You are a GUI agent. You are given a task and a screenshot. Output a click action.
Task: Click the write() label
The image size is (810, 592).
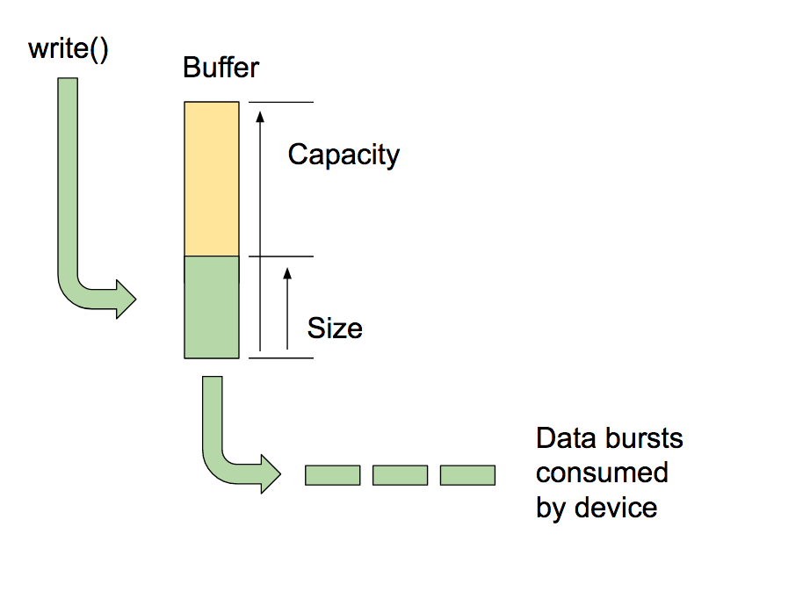(x=69, y=49)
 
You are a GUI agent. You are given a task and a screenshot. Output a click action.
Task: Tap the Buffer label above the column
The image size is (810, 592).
(x=221, y=68)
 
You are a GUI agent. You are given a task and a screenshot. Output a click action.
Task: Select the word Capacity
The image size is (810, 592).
(x=344, y=155)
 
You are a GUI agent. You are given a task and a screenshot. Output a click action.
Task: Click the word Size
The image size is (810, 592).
(x=335, y=328)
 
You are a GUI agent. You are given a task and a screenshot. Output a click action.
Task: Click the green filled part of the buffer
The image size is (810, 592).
(x=211, y=307)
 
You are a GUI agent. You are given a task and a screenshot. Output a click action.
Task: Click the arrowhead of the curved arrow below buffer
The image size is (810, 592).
(x=270, y=475)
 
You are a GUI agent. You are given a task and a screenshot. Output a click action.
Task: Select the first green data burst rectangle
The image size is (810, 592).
(x=332, y=475)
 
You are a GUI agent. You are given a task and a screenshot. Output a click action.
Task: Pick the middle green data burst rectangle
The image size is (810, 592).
(x=400, y=475)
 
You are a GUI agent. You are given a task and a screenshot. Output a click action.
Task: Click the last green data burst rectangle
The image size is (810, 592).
(x=467, y=475)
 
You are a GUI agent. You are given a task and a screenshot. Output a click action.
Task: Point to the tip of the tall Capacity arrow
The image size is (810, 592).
(x=260, y=110)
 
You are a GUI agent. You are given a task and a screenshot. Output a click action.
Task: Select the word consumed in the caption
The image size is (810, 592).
(x=602, y=473)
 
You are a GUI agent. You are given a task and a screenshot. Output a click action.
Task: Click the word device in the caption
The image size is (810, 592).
(x=616, y=507)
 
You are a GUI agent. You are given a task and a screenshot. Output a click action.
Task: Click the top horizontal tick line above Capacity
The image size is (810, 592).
(x=281, y=102)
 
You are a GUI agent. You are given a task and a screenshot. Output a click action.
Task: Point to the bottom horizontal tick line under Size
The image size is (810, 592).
(x=281, y=357)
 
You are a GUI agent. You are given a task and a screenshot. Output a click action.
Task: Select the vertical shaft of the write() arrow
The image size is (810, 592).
(x=68, y=176)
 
